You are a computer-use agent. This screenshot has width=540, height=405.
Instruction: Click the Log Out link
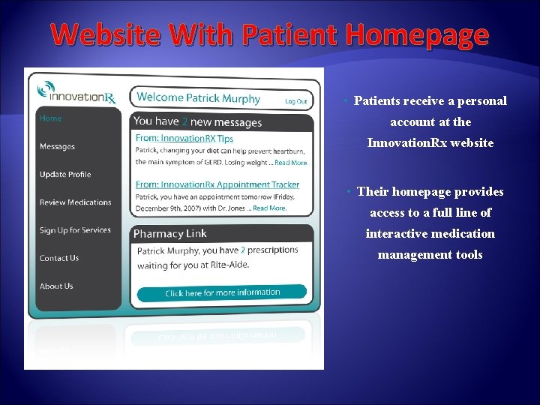click(x=296, y=101)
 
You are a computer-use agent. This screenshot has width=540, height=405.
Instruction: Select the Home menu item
click(x=51, y=118)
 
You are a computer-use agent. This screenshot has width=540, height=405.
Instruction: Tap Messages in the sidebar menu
click(x=57, y=147)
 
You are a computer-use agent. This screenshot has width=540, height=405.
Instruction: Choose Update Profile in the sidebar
click(x=65, y=175)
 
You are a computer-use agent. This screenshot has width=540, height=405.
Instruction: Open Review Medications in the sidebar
click(x=75, y=202)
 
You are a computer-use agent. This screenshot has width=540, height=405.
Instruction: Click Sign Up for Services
click(x=75, y=230)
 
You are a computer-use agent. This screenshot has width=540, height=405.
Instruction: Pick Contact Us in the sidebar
click(x=59, y=258)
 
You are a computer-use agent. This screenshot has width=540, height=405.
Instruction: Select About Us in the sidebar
click(x=56, y=286)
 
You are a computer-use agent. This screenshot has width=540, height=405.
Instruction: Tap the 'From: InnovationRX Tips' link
click(x=184, y=139)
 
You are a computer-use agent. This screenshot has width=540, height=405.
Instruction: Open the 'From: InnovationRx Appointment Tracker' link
click(x=217, y=184)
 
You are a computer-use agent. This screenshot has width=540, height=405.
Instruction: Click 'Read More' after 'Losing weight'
click(x=291, y=163)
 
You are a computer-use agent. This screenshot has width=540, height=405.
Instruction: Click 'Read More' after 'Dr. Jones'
click(x=269, y=208)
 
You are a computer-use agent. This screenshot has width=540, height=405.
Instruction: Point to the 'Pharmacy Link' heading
click(x=169, y=234)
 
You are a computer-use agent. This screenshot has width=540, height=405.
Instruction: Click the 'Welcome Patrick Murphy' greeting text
click(x=199, y=98)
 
